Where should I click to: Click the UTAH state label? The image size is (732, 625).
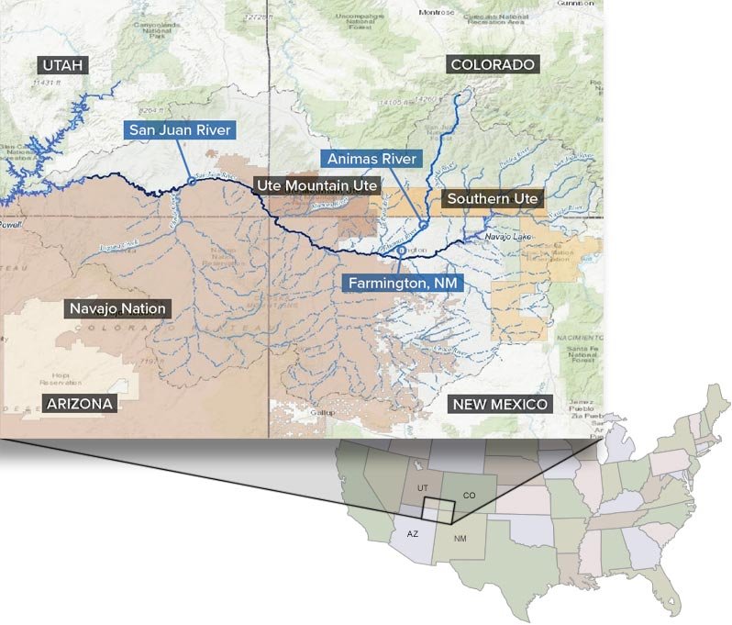[61, 64]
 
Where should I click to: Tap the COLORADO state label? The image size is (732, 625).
[493, 64]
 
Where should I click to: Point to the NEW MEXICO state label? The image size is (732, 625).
[500, 404]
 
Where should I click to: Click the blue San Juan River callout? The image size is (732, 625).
[180, 129]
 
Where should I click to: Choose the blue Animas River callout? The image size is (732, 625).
[372, 159]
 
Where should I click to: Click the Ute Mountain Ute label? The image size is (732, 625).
[316, 185]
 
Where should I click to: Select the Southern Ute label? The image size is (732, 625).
[494, 198]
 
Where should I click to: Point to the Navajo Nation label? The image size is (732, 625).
[118, 308]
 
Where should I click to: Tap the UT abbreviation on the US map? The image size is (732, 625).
[422, 488]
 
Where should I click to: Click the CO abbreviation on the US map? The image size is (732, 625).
[469, 496]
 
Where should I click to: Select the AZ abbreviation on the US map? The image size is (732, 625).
[413, 533]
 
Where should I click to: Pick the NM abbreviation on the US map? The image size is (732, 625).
[458, 539]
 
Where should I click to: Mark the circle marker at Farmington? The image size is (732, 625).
[401, 249]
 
